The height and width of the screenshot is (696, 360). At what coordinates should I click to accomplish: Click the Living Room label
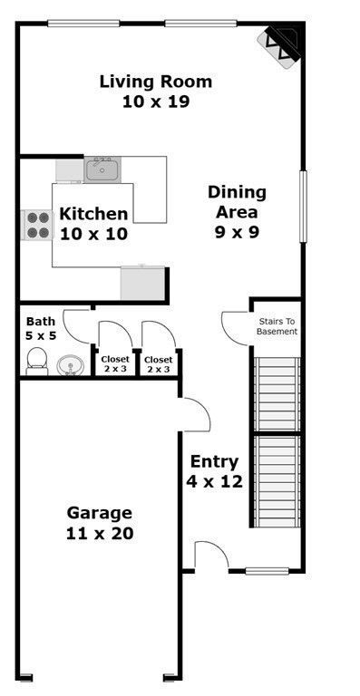156,92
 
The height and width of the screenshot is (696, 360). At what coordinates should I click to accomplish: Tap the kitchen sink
102,169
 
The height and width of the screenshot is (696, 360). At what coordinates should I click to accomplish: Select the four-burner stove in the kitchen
36,225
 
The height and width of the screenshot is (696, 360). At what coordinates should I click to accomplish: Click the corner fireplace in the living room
281,45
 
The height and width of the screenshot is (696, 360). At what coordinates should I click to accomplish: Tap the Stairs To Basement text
277,326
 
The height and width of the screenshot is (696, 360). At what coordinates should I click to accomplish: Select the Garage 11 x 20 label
100,523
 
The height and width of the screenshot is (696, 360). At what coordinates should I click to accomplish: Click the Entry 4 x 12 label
215,471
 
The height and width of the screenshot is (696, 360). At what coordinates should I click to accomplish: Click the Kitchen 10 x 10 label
93,223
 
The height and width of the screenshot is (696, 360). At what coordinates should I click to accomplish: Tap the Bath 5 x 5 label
41,328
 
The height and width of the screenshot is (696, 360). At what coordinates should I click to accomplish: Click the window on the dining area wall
304,206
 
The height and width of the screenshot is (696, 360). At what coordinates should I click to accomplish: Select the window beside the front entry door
267,571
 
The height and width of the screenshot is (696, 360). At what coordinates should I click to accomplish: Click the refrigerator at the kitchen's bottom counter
142,283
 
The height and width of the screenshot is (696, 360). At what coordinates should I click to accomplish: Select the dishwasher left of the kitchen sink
70,170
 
